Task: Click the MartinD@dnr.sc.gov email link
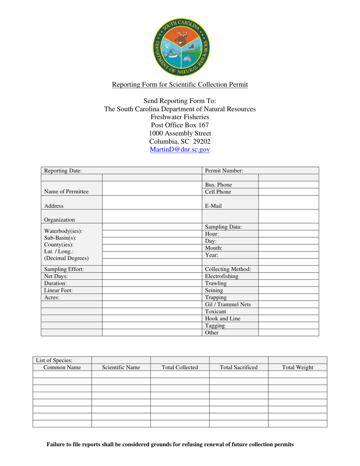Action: [x=180, y=150]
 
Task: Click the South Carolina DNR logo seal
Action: [x=180, y=47]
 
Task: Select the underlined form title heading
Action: [x=180, y=84]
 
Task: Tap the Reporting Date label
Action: [x=63, y=171]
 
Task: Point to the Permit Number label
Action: [x=224, y=171]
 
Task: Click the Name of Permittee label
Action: [x=66, y=192]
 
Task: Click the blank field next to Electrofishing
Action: [x=288, y=277]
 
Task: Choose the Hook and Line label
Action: [x=223, y=319]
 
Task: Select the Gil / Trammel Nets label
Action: [x=228, y=304]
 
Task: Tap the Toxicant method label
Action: [x=216, y=311]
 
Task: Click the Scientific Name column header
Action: [x=121, y=367]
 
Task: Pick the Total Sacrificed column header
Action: [x=239, y=367]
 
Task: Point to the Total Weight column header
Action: [x=297, y=367]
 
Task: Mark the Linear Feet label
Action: [x=58, y=291]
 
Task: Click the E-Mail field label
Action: [x=214, y=206]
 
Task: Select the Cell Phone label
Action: [x=218, y=192]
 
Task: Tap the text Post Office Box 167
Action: [x=180, y=125]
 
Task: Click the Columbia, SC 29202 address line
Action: [x=180, y=141]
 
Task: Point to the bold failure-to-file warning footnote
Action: [x=170, y=445]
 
